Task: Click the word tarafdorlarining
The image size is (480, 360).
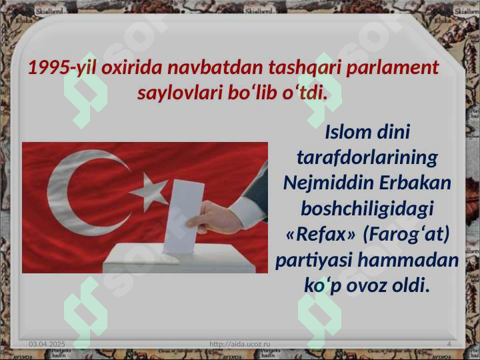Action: (x=367, y=157)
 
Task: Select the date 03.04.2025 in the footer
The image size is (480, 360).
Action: (x=47, y=343)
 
